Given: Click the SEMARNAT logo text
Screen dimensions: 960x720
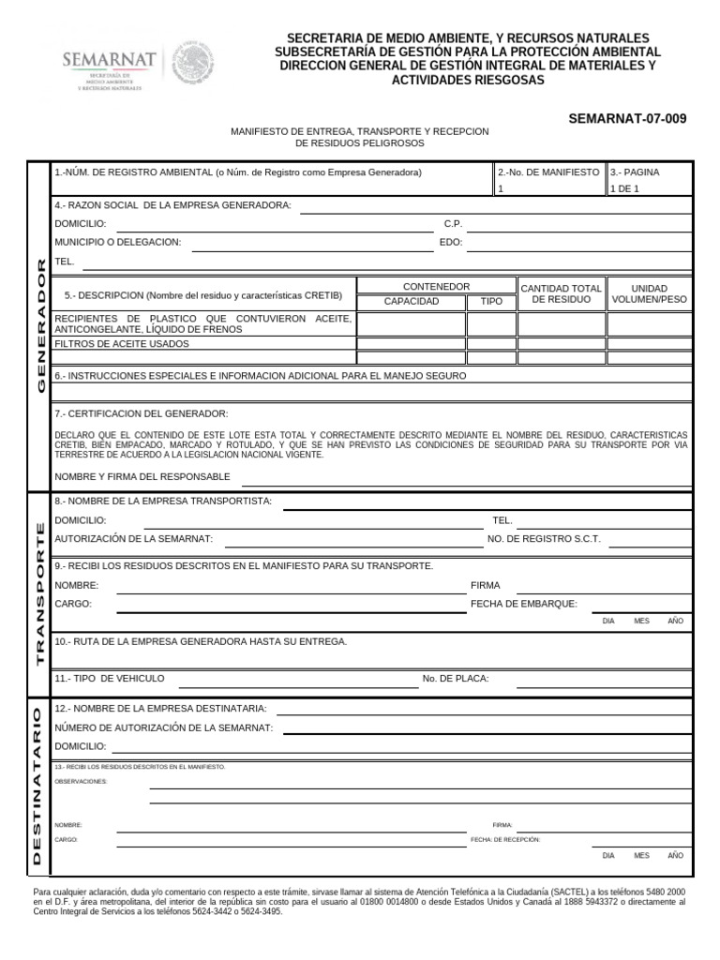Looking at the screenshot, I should pos(109,60).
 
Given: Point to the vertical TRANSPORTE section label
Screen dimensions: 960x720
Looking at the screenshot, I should pos(40,592).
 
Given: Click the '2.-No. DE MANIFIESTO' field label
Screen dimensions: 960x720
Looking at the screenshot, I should pos(548,172).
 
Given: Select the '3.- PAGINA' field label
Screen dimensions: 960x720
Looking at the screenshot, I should pos(635,172).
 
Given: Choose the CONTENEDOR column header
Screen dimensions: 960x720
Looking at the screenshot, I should pos(436,286).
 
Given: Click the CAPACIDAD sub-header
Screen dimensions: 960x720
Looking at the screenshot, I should pos(412,302).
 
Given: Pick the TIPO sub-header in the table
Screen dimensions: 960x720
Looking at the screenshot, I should pos(491,302).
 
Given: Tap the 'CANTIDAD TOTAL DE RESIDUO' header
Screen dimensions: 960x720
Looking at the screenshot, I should pos(561,294).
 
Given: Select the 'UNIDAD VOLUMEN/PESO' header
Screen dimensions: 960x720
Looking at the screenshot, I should pos(649,294).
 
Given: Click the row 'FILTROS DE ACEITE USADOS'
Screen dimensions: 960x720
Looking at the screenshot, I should pos(122,344).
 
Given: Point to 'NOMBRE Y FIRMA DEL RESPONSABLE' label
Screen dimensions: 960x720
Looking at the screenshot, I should pos(142,476).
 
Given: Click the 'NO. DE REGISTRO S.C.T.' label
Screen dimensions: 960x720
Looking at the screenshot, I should pos(544,539).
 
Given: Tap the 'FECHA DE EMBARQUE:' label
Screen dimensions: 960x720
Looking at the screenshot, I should pos(524,604).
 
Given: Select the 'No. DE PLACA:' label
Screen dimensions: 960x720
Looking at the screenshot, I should pos(456,678).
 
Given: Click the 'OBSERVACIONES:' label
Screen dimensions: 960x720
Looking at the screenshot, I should pos(81,781).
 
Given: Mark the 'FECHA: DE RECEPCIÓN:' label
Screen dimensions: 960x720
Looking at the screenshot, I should pos(505,840).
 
